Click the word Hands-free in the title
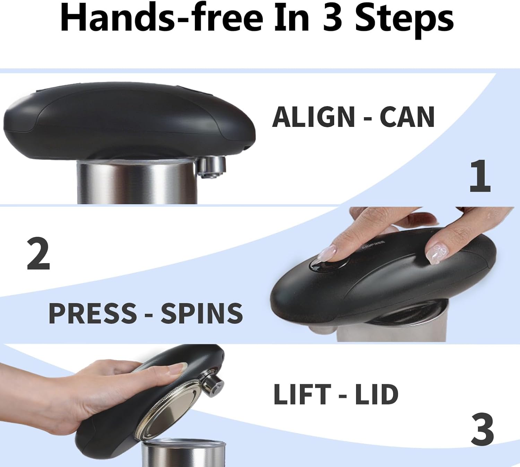(162, 18)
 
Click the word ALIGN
(313, 117)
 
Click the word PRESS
(93, 313)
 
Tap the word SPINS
(202, 313)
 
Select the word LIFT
(302, 394)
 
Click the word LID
(376, 394)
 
